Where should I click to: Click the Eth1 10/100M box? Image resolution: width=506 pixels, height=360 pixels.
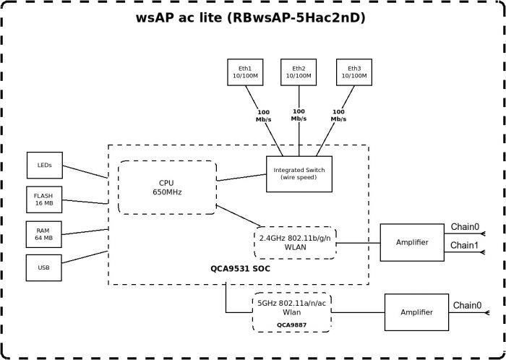coord(244,71)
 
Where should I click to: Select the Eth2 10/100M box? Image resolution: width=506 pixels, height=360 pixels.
coord(299,71)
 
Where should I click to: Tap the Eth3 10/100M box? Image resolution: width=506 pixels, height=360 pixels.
coord(354,71)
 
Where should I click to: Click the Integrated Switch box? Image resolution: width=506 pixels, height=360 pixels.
coord(299,173)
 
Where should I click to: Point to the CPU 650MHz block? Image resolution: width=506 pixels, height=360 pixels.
coord(167,187)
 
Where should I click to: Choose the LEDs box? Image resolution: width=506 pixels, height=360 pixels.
coord(45,165)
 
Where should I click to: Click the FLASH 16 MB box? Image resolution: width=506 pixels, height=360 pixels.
coord(45,199)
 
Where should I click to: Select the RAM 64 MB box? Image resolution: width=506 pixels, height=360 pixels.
coord(45,233)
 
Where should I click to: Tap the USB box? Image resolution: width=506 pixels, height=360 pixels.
coord(45,267)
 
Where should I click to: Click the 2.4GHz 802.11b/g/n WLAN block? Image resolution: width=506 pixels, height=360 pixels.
coord(296,243)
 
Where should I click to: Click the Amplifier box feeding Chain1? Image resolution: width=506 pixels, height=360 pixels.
coord(412,243)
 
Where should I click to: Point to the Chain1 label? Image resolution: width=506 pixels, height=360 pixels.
coord(465,246)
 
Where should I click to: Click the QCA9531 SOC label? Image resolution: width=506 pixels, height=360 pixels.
coord(241,268)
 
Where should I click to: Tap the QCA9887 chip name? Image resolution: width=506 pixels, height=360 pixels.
coord(291,325)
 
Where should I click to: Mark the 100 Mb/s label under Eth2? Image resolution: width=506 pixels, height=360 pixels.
coord(299,115)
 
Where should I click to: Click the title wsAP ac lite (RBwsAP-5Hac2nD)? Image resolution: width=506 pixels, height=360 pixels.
coord(251,18)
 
